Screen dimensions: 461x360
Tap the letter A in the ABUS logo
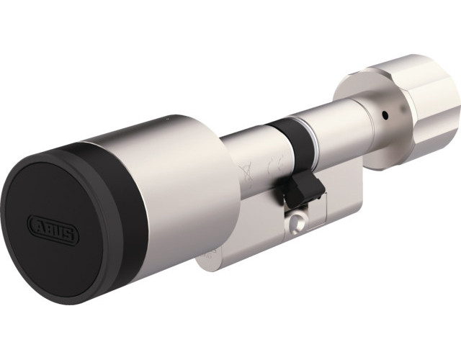38,223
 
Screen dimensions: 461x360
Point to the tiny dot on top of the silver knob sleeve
168,119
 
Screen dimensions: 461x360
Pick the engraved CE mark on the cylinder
272,166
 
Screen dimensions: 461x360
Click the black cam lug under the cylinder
303,189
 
